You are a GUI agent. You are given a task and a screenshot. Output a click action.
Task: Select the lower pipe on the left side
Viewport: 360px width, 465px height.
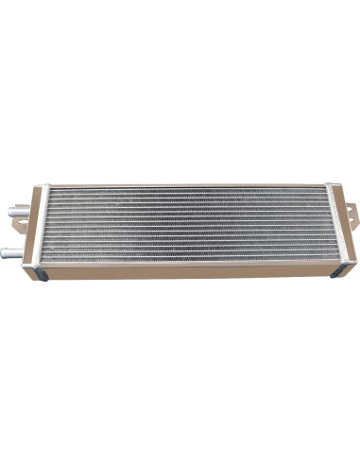[x=14, y=252]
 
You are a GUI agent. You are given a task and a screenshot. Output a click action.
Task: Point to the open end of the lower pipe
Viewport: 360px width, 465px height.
[x=5, y=252]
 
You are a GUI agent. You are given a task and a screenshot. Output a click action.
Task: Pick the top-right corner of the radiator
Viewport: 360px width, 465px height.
[x=331, y=184]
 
